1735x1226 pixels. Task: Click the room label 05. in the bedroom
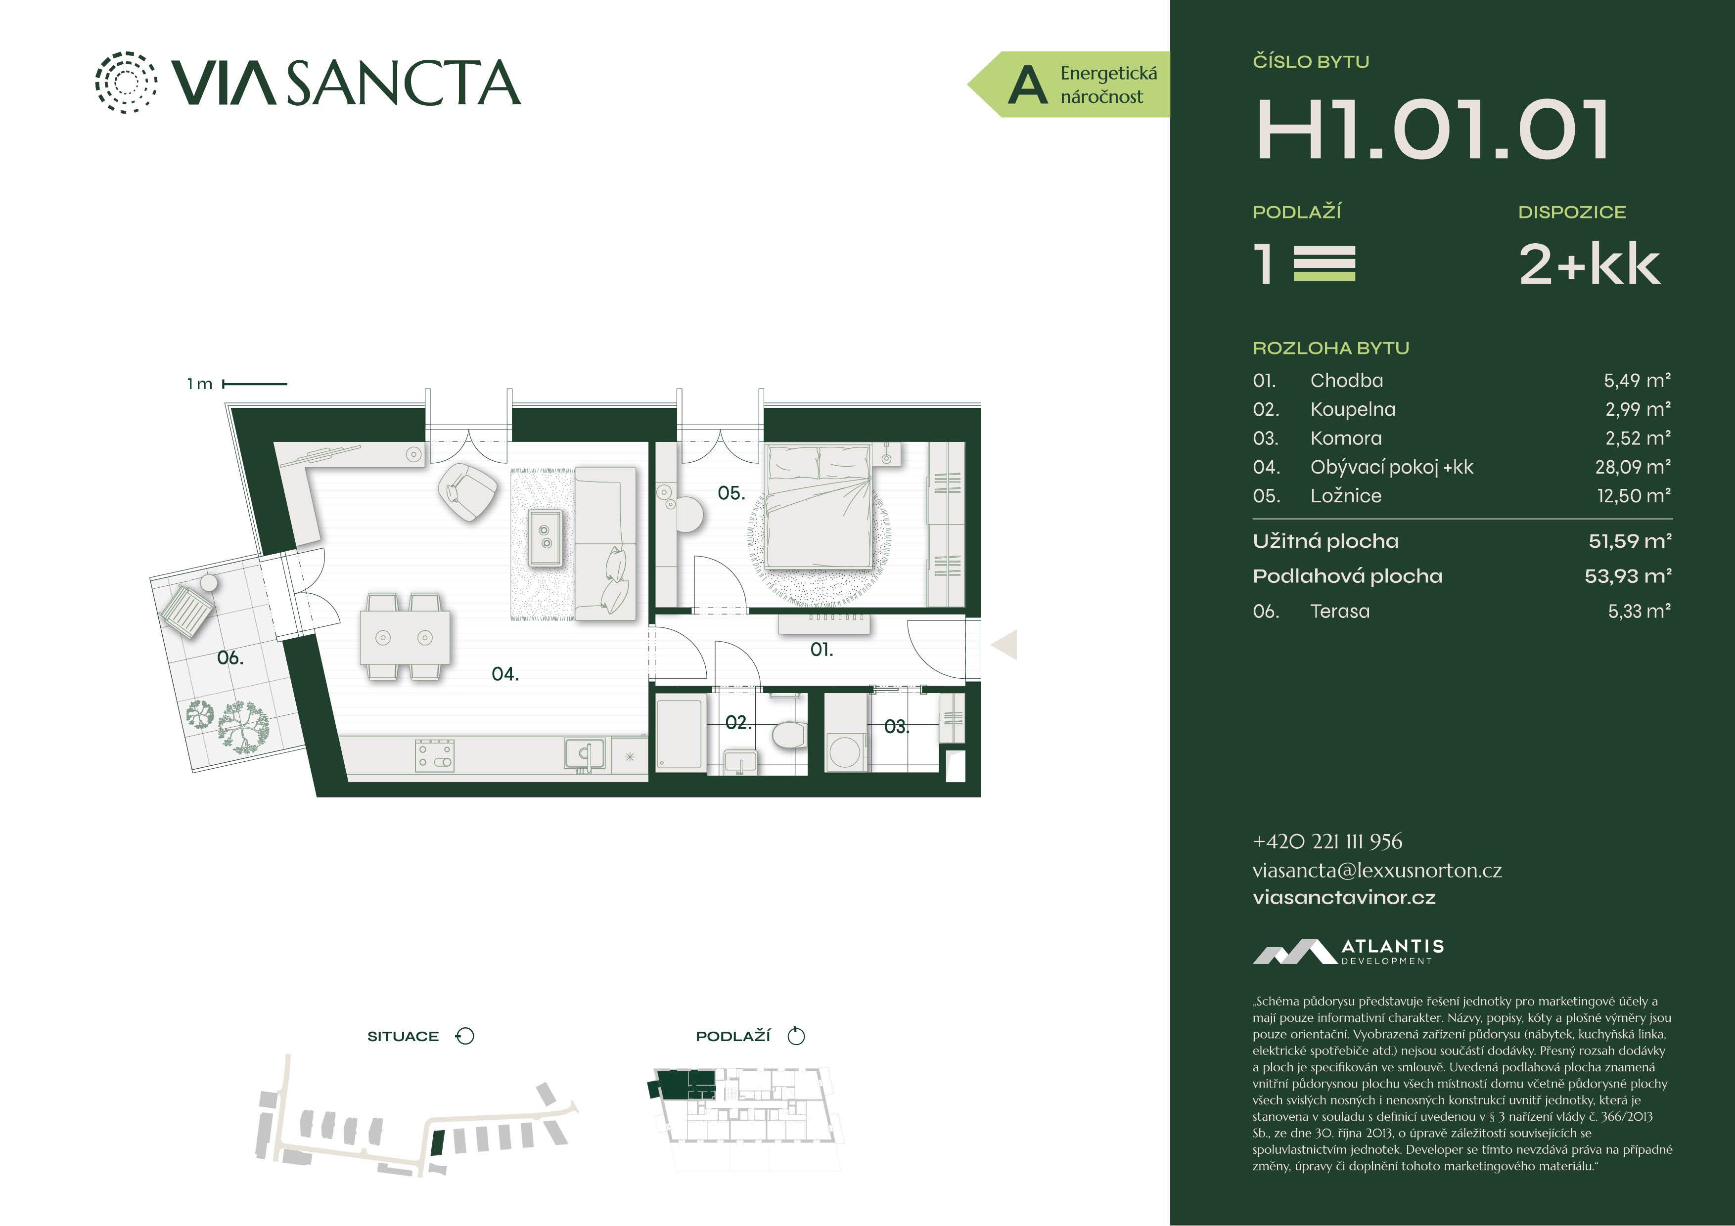731,493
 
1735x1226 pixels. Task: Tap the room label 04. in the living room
505,674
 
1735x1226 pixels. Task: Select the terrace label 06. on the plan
229,658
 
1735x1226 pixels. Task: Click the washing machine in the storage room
844,751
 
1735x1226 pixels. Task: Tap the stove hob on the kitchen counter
435,755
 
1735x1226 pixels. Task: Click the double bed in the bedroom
819,505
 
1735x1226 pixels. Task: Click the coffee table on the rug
545,537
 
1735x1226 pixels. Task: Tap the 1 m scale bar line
255,384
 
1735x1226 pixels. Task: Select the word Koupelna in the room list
1353,409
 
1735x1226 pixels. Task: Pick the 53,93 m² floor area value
1628,576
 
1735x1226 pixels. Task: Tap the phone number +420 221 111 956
1327,841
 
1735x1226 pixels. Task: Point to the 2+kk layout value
1589,264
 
